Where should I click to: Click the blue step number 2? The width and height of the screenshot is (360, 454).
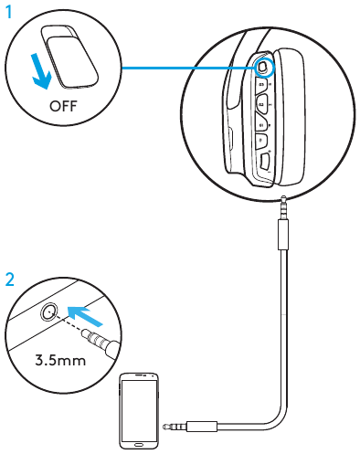9,280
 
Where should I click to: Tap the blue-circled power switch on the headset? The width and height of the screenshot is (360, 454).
263,66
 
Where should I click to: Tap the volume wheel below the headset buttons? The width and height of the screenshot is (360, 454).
262,163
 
